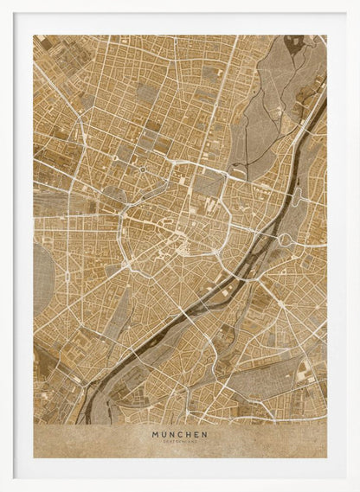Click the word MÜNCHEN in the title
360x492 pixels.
(179, 435)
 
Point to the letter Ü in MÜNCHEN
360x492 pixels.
(161, 435)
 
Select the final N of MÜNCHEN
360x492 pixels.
(204, 435)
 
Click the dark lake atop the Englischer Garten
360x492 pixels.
(295, 42)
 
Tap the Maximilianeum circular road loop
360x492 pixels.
(285, 240)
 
